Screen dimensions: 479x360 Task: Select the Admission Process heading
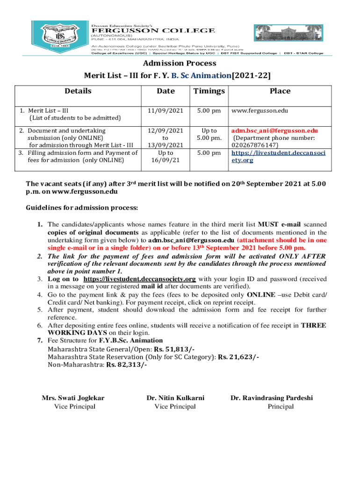pos(180,63)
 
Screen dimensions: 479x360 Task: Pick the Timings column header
pos(209,91)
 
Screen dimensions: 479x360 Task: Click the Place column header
pos(280,91)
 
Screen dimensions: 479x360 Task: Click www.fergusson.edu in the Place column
pos(260,111)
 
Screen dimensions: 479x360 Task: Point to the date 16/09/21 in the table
pos(166,160)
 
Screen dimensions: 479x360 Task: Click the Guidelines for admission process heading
pos(82,207)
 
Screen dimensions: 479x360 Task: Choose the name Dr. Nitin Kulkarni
pos(175,398)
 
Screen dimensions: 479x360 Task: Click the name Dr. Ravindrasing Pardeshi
pos(272,398)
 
